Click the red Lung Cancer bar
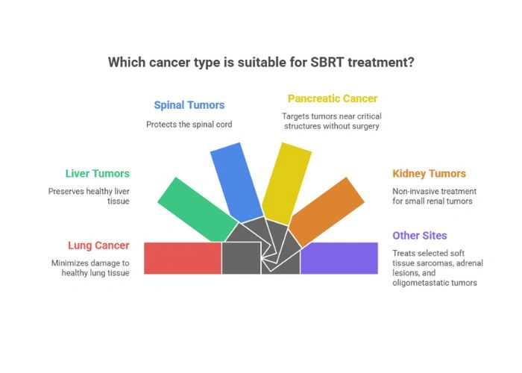[183, 258]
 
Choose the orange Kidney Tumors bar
[323, 208]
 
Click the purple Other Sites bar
[339, 258]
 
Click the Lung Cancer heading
[98, 245]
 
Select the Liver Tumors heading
[97, 174]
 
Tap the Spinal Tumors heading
[189, 105]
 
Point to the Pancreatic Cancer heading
[333, 98]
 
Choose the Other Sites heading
[420, 236]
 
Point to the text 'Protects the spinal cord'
[189, 124]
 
